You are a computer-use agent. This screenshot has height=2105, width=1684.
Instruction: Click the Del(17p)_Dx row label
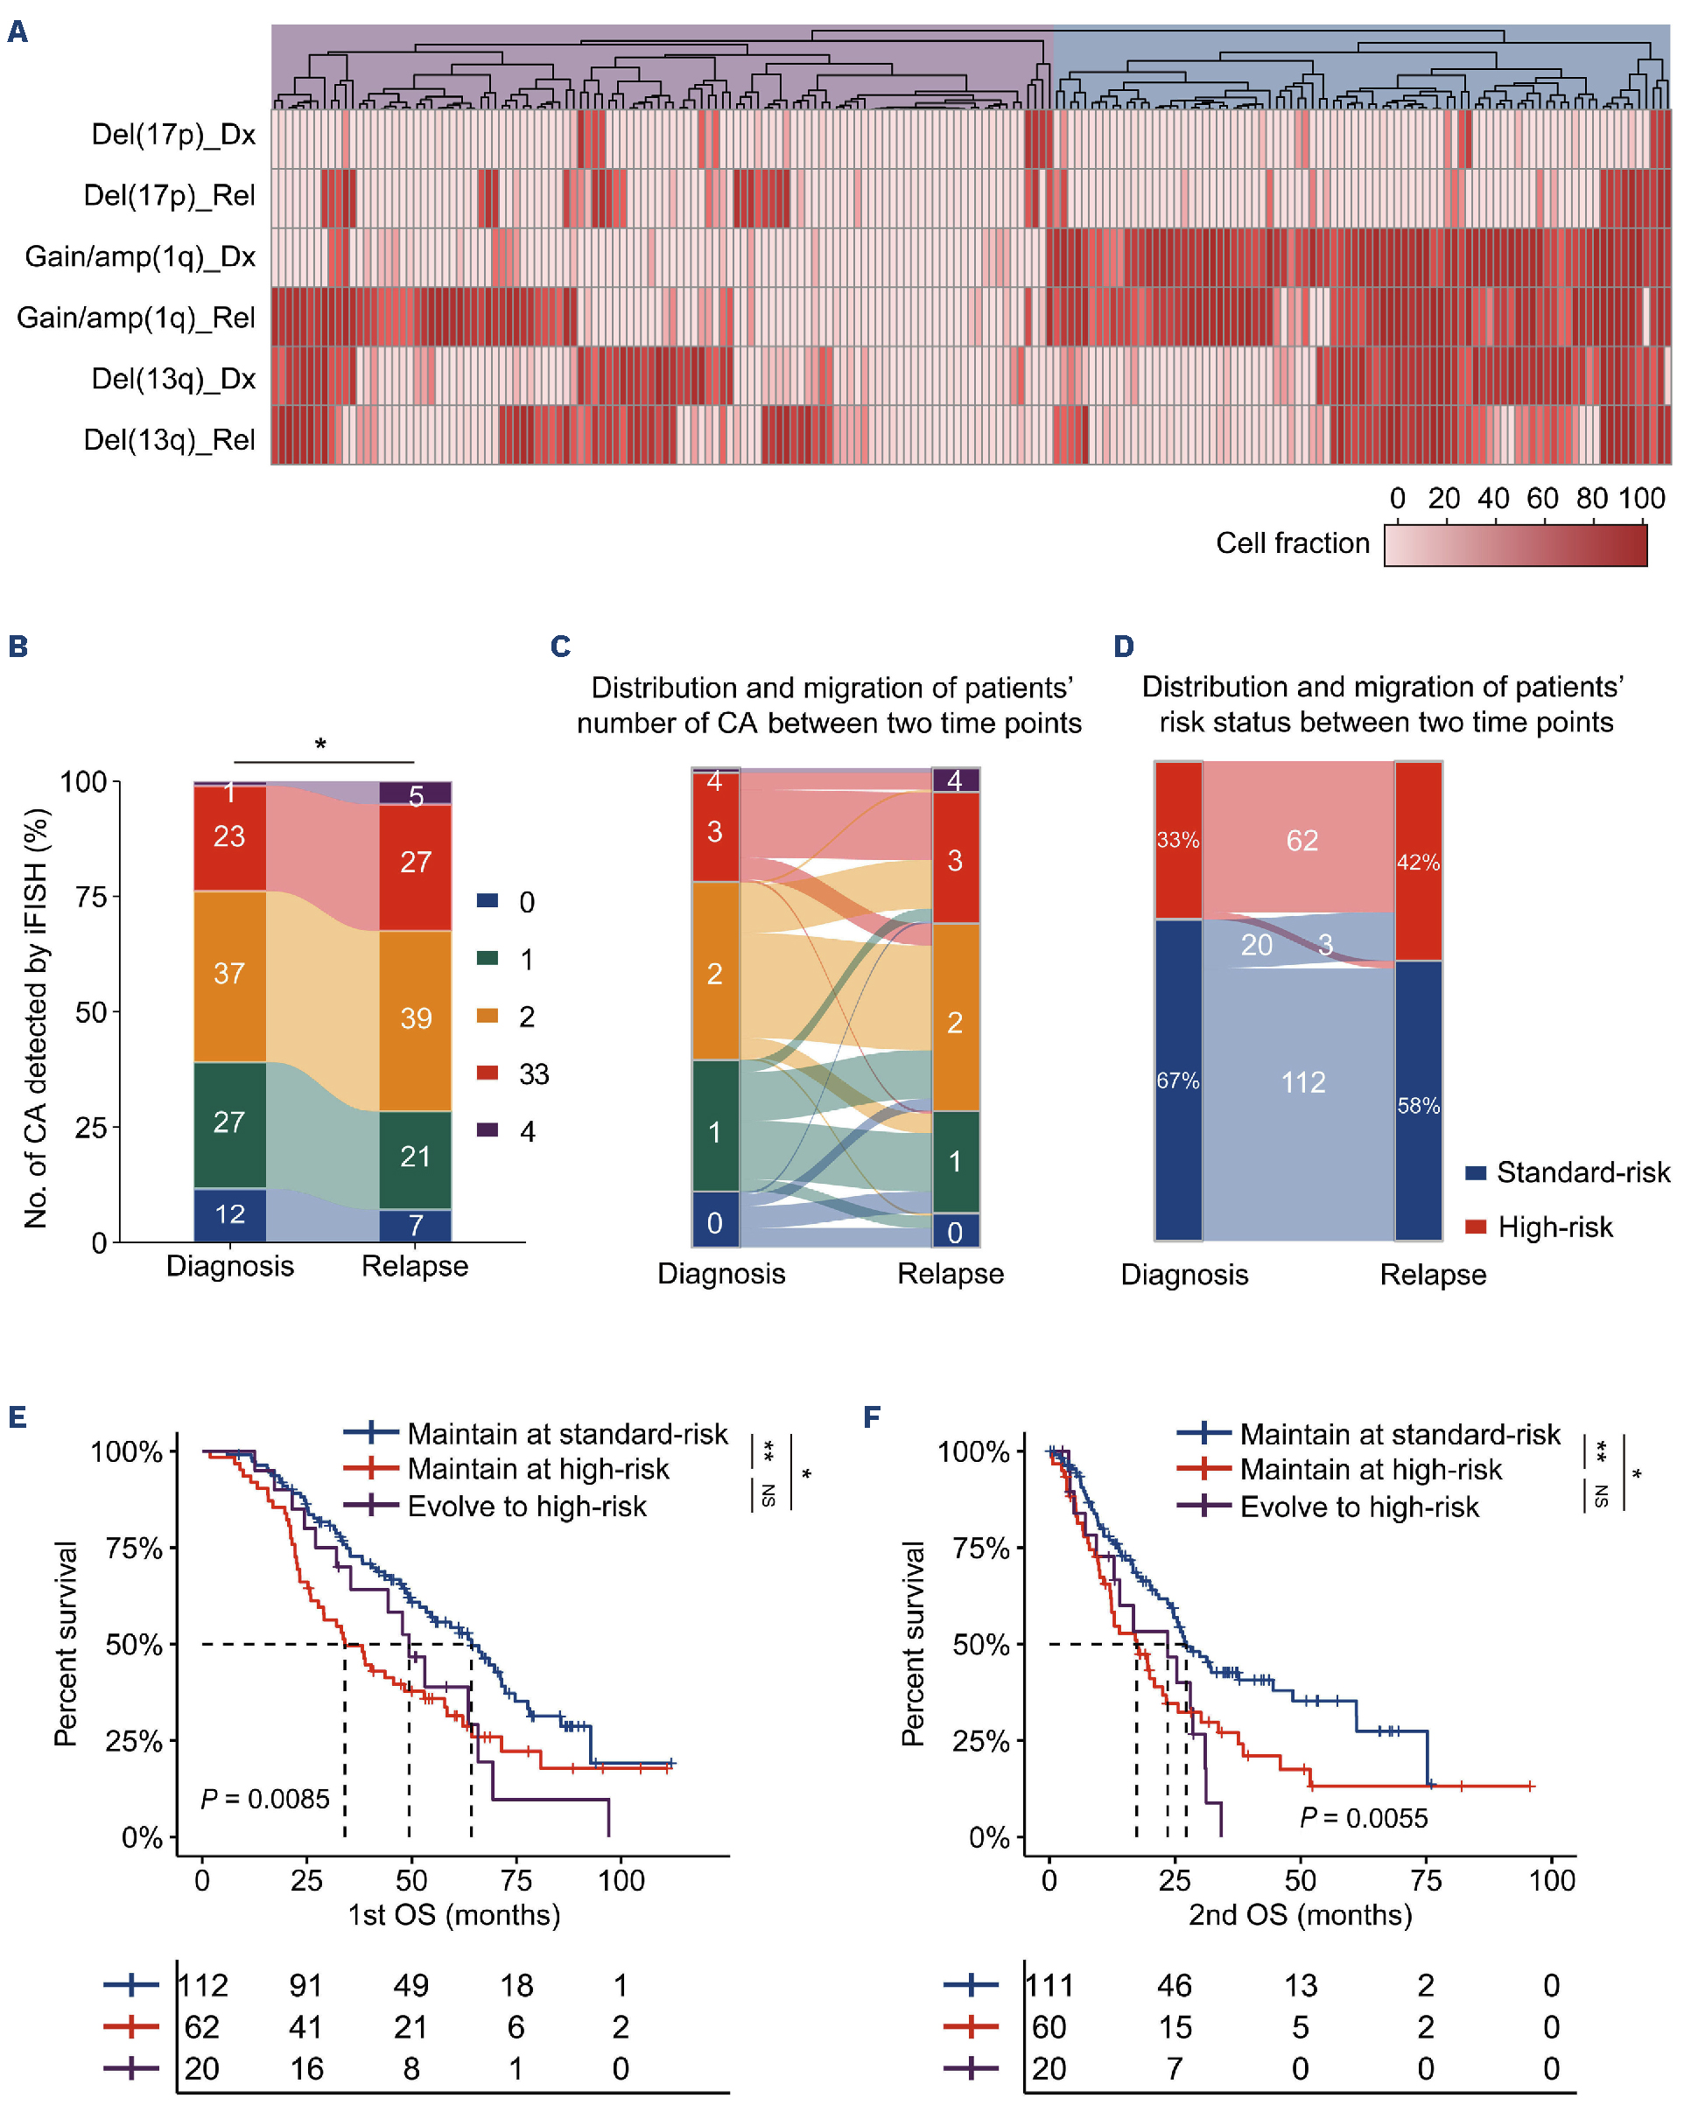click(x=173, y=135)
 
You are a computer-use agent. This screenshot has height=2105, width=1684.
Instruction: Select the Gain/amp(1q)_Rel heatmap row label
click(x=136, y=318)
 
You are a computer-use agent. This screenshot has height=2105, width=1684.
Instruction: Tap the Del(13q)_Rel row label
click(x=169, y=439)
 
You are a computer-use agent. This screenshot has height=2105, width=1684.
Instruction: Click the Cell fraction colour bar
click(x=1514, y=545)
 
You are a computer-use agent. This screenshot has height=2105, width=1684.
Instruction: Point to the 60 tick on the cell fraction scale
click(x=1542, y=499)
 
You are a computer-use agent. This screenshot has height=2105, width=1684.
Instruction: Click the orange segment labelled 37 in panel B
click(x=229, y=974)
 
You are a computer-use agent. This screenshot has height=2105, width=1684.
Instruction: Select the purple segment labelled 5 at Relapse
click(x=415, y=794)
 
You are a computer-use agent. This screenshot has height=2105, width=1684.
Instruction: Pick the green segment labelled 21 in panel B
click(x=415, y=1157)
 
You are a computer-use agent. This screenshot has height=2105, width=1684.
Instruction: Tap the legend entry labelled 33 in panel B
click(x=533, y=1075)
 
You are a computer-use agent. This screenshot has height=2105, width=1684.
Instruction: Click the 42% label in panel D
click(x=1417, y=862)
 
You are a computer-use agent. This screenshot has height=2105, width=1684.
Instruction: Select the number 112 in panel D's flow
click(x=1303, y=1081)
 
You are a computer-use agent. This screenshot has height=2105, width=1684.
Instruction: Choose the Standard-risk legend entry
click(x=1582, y=1172)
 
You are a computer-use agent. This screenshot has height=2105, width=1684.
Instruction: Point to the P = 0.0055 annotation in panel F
click(x=1364, y=1818)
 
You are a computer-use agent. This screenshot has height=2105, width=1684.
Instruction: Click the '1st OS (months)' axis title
click(x=454, y=1914)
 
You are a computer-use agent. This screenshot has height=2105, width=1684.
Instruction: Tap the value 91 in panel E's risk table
click(x=305, y=1986)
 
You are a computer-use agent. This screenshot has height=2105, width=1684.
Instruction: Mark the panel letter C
click(x=561, y=647)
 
